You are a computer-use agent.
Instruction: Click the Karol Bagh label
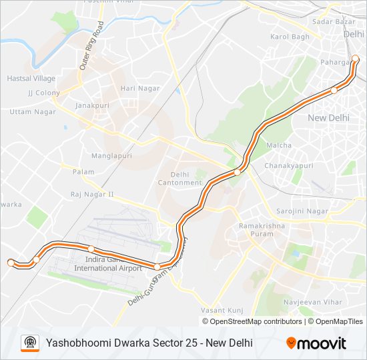(x=290, y=36)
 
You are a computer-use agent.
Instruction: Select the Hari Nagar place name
(x=136, y=88)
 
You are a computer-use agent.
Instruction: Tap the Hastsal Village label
(x=31, y=78)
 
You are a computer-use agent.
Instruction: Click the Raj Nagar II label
(x=92, y=195)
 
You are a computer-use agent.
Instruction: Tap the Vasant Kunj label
(x=221, y=311)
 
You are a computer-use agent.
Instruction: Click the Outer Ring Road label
(x=91, y=46)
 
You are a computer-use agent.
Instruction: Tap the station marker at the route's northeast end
(x=356, y=59)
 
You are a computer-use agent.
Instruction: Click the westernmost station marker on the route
(x=11, y=263)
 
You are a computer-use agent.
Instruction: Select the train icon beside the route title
(x=29, y=343)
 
